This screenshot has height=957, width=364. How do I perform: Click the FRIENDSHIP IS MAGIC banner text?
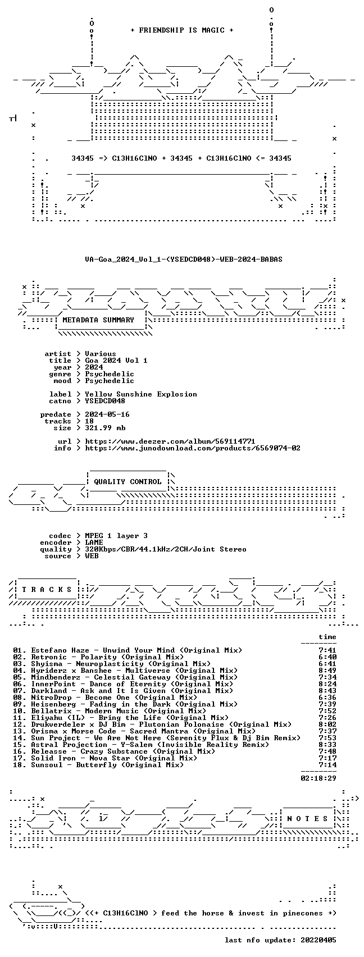point(182,30)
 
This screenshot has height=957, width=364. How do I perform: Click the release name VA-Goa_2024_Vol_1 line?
point(184,259)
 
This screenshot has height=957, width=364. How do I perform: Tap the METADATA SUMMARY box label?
point(98,320)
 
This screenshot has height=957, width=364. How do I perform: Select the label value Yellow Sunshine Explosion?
point(141,394)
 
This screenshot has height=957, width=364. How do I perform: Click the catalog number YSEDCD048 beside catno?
point(105,401)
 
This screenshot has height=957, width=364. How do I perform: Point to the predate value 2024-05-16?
point(107,414)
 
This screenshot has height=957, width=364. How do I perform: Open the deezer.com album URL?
point(170,441)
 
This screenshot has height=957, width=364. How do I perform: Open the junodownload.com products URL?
point(193,448)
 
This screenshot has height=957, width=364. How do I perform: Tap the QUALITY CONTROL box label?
point(128,482)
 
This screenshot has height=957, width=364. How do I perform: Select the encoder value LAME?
point(94,543)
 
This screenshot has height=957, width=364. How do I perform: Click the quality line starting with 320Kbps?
point(166,549)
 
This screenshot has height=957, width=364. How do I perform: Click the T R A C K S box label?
point(47,590)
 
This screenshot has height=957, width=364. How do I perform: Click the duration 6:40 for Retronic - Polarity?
point(327,657)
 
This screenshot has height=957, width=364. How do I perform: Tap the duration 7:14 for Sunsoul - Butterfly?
point(327,765)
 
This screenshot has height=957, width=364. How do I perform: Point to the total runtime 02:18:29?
point(319,778)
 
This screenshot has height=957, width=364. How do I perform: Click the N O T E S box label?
point(308,819)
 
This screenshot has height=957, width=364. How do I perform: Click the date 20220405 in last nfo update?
point(319,940)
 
